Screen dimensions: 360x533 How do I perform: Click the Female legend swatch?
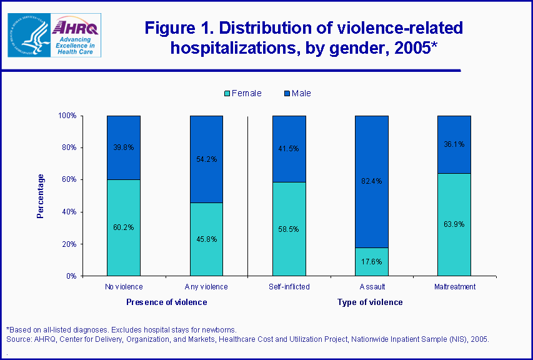click(227, 94)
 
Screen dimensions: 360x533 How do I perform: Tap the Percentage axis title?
click(41, 196)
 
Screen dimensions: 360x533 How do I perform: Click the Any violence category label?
click(206, 287)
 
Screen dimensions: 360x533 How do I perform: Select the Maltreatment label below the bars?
click(454, 287)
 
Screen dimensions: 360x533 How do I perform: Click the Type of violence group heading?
click(370, 302)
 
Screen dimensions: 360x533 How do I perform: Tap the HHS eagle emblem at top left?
click(27, 34)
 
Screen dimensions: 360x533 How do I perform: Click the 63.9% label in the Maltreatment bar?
click(454, 224)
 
